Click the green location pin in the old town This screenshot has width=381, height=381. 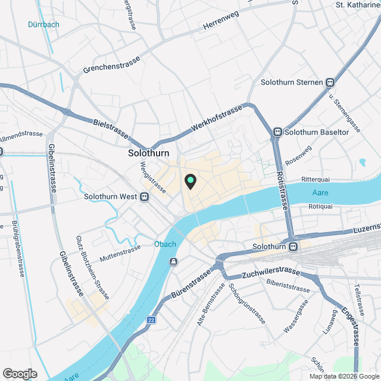[190, 181]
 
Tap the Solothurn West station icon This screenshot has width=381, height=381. [145, 197]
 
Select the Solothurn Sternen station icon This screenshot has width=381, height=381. [329, 82]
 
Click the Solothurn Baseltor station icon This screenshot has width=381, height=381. [277, 132]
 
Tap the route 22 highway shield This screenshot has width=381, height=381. [151, 320]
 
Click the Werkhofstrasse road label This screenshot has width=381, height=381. [218, 120]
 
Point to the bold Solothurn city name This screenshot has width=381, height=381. [149, 153]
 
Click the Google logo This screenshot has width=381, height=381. [19, 374]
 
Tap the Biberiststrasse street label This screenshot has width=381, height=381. [289, 286]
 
